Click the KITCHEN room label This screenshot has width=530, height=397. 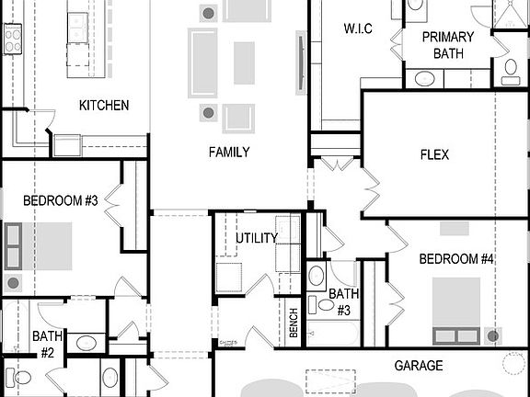pyautogui.click(x=103, y=106)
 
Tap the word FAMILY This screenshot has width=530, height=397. pyautogui.click(x=228, y=152)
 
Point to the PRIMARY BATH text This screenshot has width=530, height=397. pyautogui.click(x=447, y=45)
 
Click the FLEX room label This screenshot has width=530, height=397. pyautogui.click(x=433, y=155)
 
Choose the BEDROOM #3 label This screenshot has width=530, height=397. pyautogui.click(x=61, y=199)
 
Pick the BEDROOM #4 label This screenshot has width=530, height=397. pyautogui.click(x=456, y=259)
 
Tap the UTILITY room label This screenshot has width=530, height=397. pyautogui.click(x=256, y=238)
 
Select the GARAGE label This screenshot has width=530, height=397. pyautogui.click(x=419, y=366)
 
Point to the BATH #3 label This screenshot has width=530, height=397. pyautogui.click(x=343, y=301)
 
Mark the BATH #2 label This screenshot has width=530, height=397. pyautogui.click(x=47, y=344)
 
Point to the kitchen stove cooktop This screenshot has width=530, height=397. pyautogui.click(x=12, y=39)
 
